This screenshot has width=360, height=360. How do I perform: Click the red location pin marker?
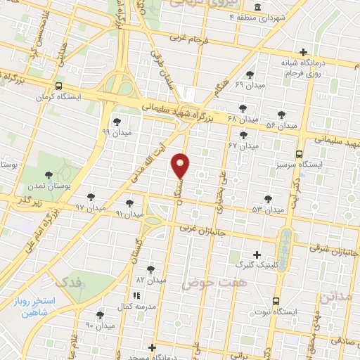[x=181, y=165]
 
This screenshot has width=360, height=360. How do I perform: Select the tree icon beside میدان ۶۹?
[x=250, y=74]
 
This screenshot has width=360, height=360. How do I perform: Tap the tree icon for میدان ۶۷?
[x=243, y=134]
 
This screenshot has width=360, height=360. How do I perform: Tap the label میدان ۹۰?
[x=99, y=325]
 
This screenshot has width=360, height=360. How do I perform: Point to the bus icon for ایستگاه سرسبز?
[x=300, y=153]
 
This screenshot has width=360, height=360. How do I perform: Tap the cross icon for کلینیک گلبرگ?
[x=256, y=255]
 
